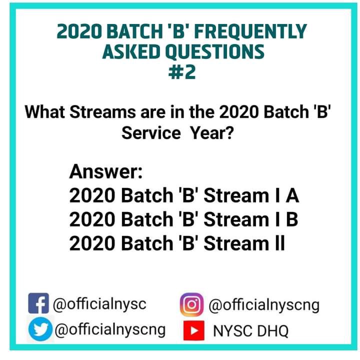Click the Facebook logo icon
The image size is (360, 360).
point(38,303)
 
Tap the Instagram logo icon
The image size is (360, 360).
point(191,304)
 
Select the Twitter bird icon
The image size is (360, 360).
point(40,329)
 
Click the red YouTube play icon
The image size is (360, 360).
point(194,330)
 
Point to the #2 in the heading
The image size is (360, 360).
point(182,72)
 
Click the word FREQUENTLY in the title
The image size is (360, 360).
point(250,31)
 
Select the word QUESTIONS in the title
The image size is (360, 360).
point(215,51)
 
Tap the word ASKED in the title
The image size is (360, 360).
point(131,51)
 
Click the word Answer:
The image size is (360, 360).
point(106,171)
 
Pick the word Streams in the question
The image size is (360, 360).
point(102,112)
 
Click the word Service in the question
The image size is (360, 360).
point(151,132)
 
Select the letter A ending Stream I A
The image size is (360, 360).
point(292,195)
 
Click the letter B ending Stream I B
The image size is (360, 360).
point(292,219)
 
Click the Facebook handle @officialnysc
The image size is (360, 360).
point(99,304)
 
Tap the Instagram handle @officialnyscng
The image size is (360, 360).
point(264,305)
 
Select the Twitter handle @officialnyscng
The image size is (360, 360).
point(110,330)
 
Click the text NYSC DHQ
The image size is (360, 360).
point(250,331)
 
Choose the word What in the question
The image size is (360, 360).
point(45,112)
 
